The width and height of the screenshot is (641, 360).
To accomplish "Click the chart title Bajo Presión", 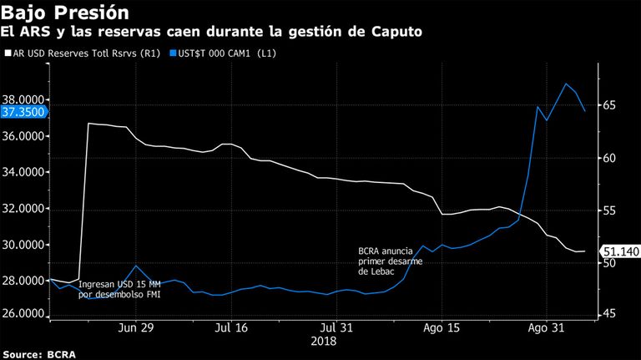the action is pos(65,13).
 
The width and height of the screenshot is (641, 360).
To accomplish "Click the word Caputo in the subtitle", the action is pos(396,32).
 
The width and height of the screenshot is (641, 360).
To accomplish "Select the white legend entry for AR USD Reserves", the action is pos(83,53).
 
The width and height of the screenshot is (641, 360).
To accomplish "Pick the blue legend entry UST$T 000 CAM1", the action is pos(223,53).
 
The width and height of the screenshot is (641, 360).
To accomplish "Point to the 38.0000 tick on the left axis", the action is pos(23,100).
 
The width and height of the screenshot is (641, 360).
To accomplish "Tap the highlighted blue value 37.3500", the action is pos(23,112).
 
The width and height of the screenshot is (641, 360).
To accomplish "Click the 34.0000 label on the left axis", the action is pos(23,172).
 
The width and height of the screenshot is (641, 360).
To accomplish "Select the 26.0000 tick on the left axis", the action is pos(23,314).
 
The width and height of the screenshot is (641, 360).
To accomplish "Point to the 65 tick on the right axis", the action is pos(609,105).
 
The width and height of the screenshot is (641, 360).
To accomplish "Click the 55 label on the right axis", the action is pos(609,210).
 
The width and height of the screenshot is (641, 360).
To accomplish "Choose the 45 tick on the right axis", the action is pos(609,314).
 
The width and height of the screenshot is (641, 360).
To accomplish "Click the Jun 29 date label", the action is pos(136,327).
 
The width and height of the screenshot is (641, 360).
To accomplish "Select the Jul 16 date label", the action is pos(231,327).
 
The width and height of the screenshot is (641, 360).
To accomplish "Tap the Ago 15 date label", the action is pos(442,327).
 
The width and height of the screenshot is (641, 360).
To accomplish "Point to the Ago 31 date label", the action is pos(546,327).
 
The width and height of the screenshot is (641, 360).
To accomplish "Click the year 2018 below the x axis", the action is pos(323,341).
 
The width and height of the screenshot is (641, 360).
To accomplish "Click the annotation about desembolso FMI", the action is pos(119,289).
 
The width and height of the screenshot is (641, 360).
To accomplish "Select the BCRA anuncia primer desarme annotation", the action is pos(391,261).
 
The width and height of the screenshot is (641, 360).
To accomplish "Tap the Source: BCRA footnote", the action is pos(39,354).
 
